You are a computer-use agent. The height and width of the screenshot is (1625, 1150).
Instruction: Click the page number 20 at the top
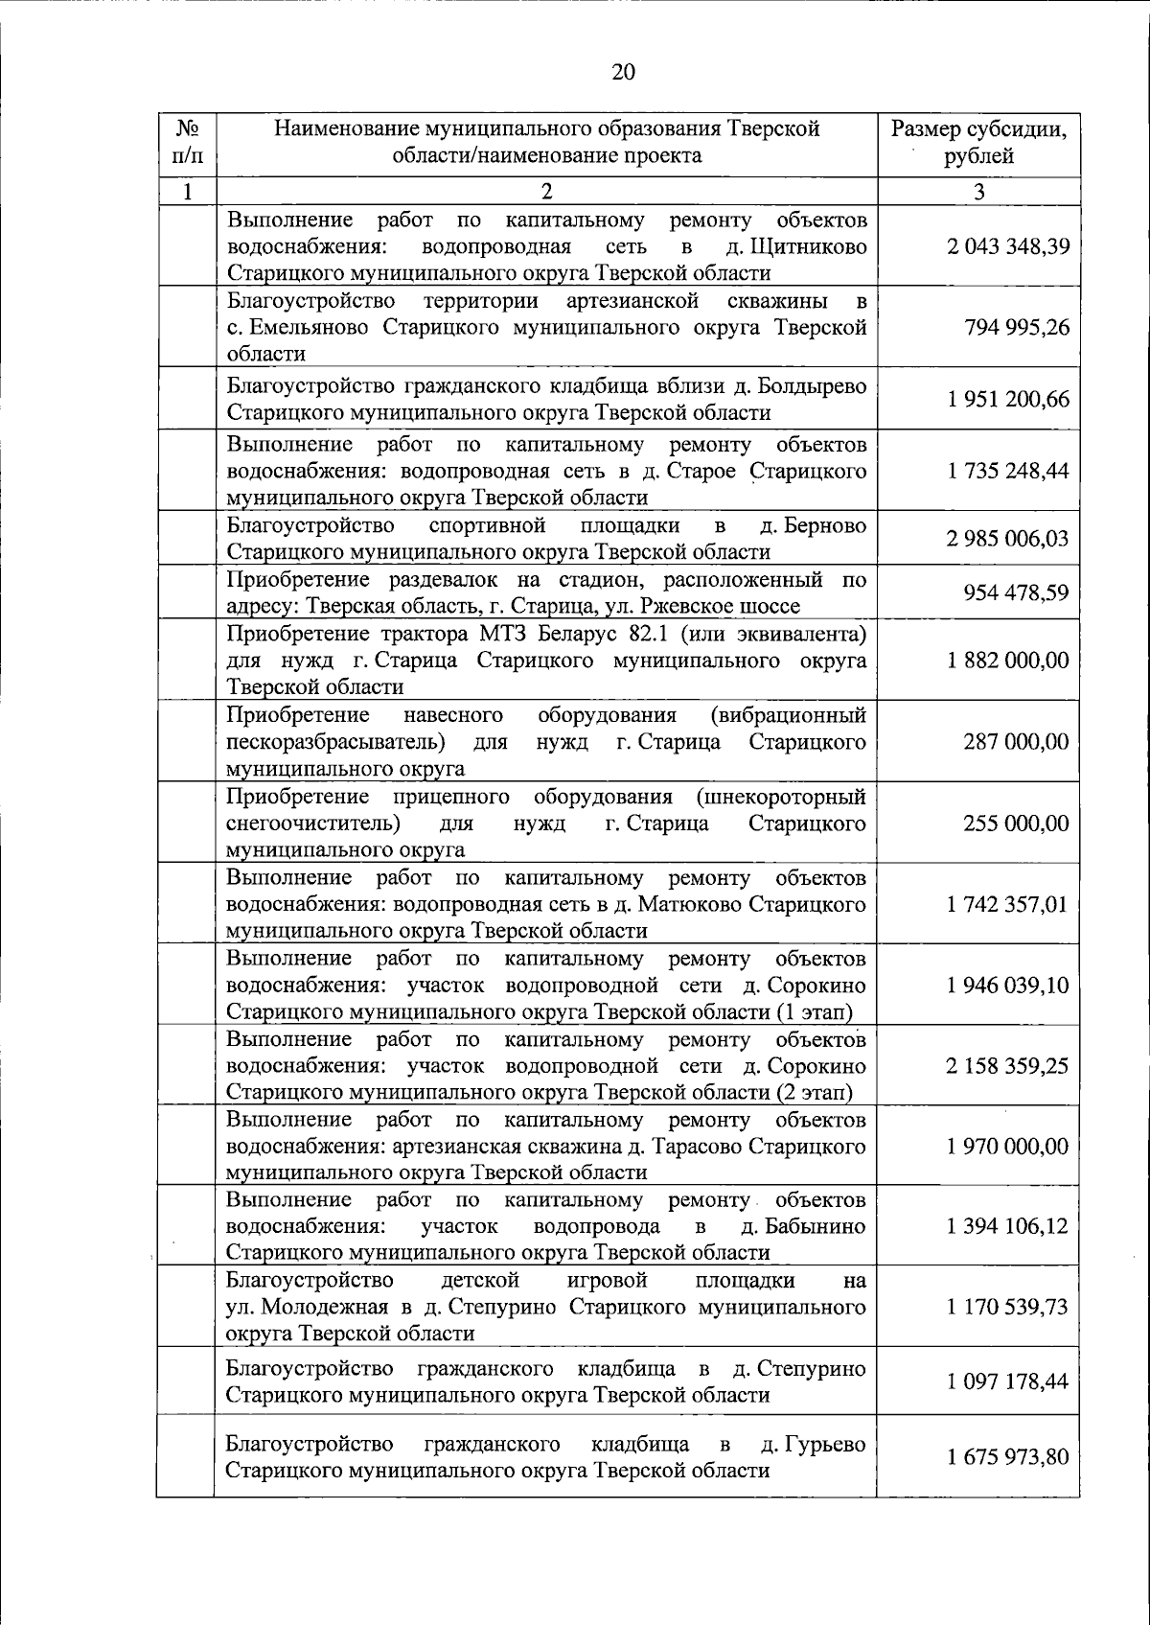(x=622, y=72)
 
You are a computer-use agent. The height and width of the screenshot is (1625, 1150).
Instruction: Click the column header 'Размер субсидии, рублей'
(x=978, y=142)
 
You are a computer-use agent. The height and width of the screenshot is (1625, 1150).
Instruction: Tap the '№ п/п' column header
(x=187, y=142)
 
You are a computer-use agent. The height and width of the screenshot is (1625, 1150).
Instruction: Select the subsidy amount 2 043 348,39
(x=1006, y=246)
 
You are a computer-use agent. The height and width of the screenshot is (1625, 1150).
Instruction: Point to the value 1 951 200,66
(x=1006, y=400)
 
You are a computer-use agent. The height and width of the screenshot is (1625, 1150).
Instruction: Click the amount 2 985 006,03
(x=1006, y=539)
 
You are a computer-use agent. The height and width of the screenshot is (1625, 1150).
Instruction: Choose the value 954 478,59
(x=1016, y=592)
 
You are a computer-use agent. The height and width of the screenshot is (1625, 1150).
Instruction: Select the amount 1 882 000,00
(x=1006, y=661)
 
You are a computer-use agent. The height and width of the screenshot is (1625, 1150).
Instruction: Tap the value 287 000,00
(x=1016, y=742)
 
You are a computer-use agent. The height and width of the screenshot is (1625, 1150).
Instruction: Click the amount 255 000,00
(x=1016, y=824)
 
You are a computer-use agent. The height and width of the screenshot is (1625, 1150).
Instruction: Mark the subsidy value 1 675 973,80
(x=1006, y=1457)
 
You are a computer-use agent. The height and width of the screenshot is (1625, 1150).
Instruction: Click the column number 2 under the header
(x=546, y=191)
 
